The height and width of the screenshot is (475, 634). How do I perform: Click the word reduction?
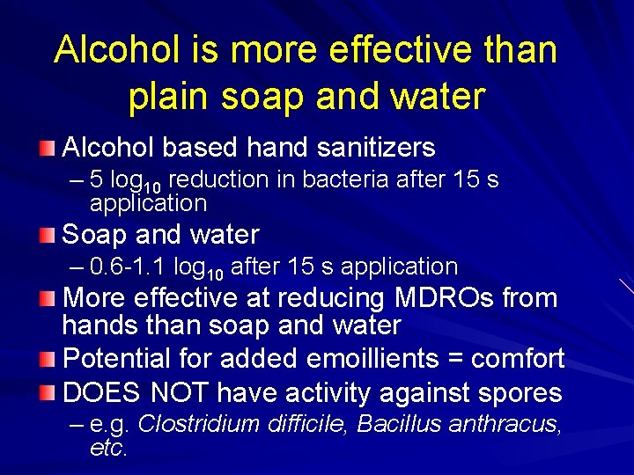(218, 180)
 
